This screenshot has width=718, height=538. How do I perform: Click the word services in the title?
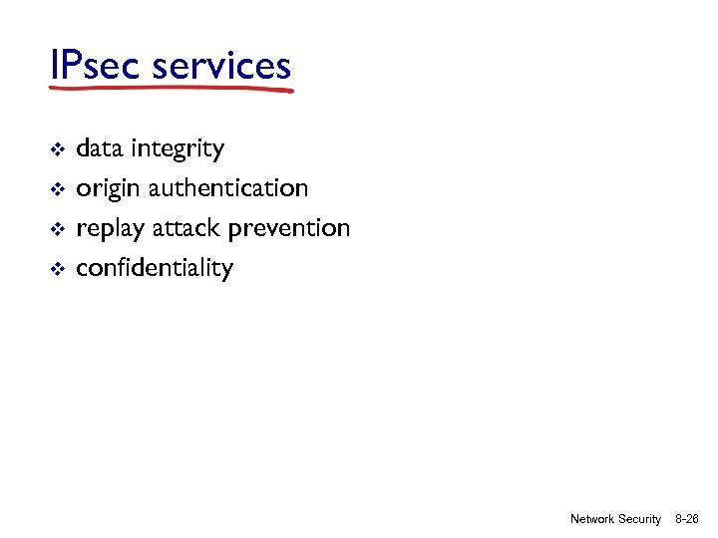(x=222, y=66)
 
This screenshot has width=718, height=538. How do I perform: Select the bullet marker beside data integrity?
(x=58, y=150)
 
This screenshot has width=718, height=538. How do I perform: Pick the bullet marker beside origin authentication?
(x=58, y=189)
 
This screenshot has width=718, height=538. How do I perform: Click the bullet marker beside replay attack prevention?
(x=58, y=229)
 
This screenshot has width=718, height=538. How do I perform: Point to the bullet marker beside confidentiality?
(x=58, y=269)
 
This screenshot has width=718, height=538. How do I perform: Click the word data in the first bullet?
(x=96, y=149)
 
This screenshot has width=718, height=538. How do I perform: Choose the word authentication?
(x=227, y=188)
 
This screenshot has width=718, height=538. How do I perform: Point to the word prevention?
(x=289, y=229)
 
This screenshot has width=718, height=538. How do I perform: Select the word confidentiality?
(x=155, y=268)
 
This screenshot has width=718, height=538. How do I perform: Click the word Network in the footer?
(x=591, y=519)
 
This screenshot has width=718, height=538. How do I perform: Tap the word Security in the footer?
(x=640, y=519)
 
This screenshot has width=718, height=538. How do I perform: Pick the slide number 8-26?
(x=687, y=519)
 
